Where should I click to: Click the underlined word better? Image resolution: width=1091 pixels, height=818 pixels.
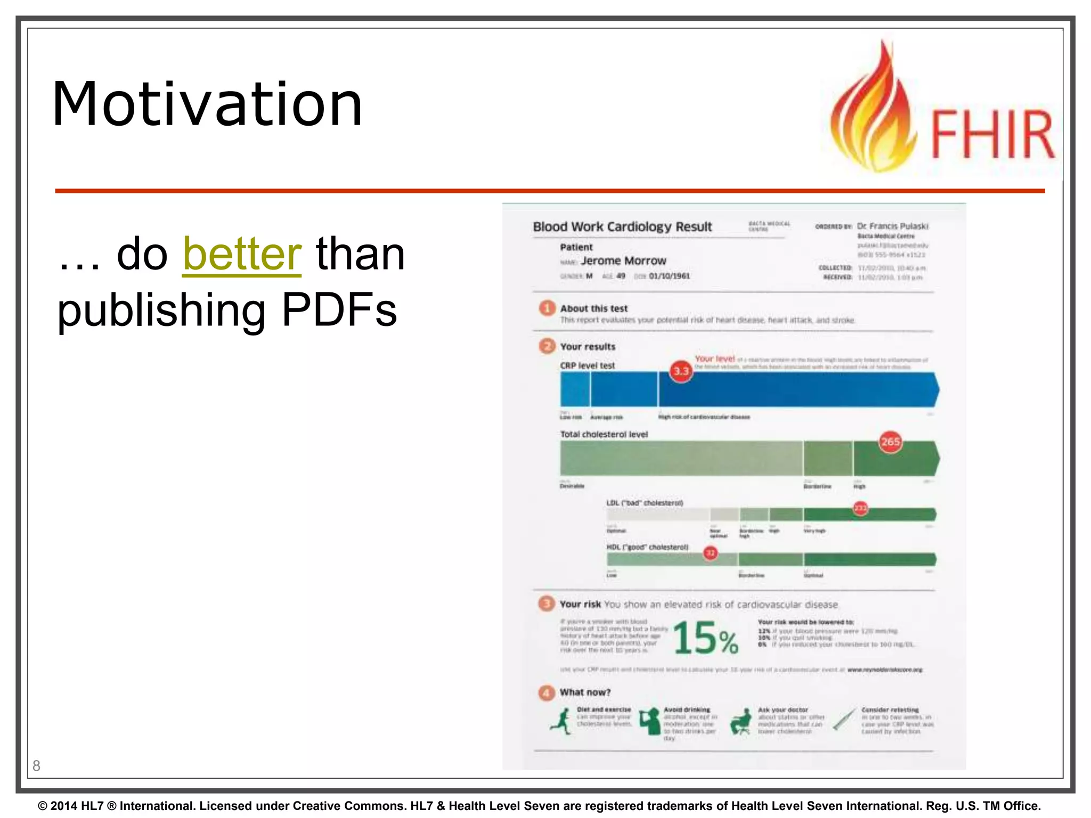[x=242, y=254]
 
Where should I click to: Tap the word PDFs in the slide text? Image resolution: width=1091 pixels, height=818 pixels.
[x=339, y=309]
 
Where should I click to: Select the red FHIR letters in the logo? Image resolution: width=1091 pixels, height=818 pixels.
[x=992, y=134]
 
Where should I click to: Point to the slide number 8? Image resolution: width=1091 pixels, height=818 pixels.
[x=36, y=766]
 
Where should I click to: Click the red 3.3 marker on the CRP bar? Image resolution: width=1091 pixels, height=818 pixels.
[x=681, y=371]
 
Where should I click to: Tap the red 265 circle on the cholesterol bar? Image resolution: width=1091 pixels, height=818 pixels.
[x=890, y=442]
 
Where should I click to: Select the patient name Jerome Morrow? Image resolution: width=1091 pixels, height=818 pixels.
[x=623, y=261]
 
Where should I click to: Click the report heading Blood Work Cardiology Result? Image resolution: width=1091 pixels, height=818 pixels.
[x=622, y=227]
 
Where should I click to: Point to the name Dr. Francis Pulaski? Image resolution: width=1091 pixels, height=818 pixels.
[x=892, y=226]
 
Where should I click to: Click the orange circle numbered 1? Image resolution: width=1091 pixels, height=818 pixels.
[x=547, y=308]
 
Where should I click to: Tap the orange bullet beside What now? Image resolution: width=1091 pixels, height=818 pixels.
[x=547, y=692]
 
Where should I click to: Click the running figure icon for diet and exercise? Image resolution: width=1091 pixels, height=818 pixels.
[x=560, y=722]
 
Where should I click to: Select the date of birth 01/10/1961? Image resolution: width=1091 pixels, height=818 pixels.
[x=669, y=276]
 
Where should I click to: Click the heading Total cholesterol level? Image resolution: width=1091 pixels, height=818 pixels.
[x=604, y=435]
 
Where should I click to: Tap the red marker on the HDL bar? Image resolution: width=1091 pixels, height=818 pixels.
[x=710, y=553]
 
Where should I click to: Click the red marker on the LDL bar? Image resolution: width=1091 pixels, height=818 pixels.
[x=860, y=508]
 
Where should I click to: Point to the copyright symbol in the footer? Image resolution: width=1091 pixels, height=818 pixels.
[x=43, y=806]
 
